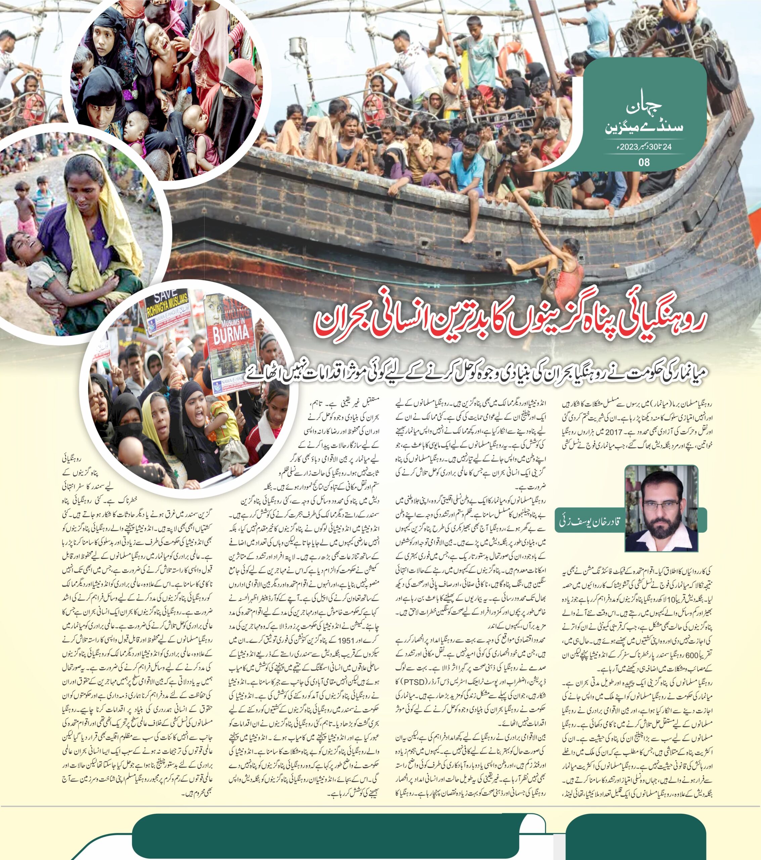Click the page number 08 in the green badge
click(x=644, y=162)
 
